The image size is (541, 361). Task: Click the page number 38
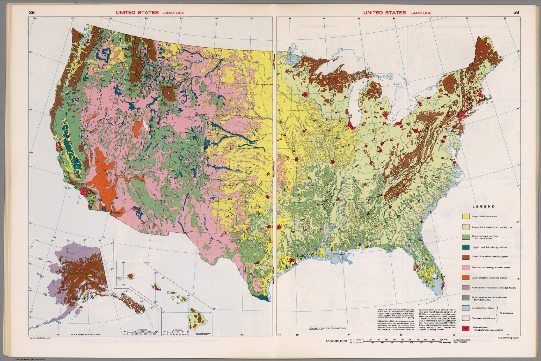coord(32,13)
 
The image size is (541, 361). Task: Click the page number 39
coord(516,13)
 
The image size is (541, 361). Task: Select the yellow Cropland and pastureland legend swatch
coord(466,216)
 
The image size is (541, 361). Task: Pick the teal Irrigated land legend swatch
coord(466,247)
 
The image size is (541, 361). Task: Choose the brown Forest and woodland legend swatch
coord(466,257)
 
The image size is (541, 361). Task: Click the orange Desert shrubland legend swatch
coord(466,278)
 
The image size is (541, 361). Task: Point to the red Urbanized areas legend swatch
coord(466,329)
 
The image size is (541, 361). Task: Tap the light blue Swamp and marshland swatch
coord(466,308)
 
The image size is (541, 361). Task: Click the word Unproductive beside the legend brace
coord(507,313)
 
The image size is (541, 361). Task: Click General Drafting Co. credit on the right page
coord(509,338)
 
